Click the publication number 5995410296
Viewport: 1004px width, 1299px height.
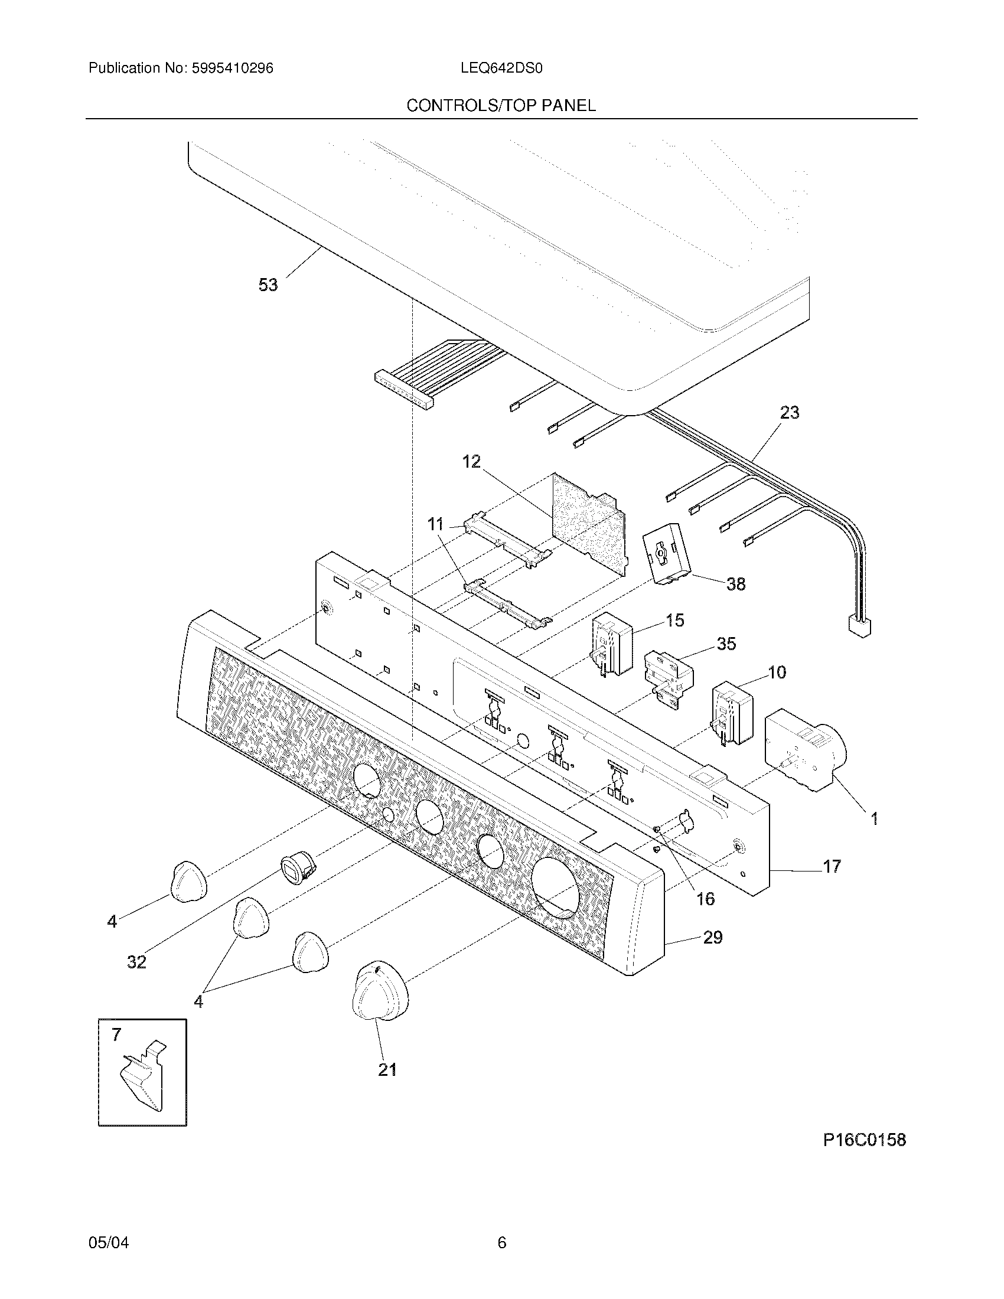232,68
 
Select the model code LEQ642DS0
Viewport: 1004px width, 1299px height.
501,68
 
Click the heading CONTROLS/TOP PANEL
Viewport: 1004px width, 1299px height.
501,106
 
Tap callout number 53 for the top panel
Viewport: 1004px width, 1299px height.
268,285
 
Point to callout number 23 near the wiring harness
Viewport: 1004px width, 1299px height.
789,412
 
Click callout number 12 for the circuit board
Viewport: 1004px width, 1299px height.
471,462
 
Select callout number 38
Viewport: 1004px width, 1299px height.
736,584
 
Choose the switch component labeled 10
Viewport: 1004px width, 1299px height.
734,713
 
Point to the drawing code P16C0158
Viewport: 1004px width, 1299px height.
864,1140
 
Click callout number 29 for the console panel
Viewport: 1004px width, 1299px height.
713,938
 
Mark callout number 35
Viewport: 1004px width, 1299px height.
726,644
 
